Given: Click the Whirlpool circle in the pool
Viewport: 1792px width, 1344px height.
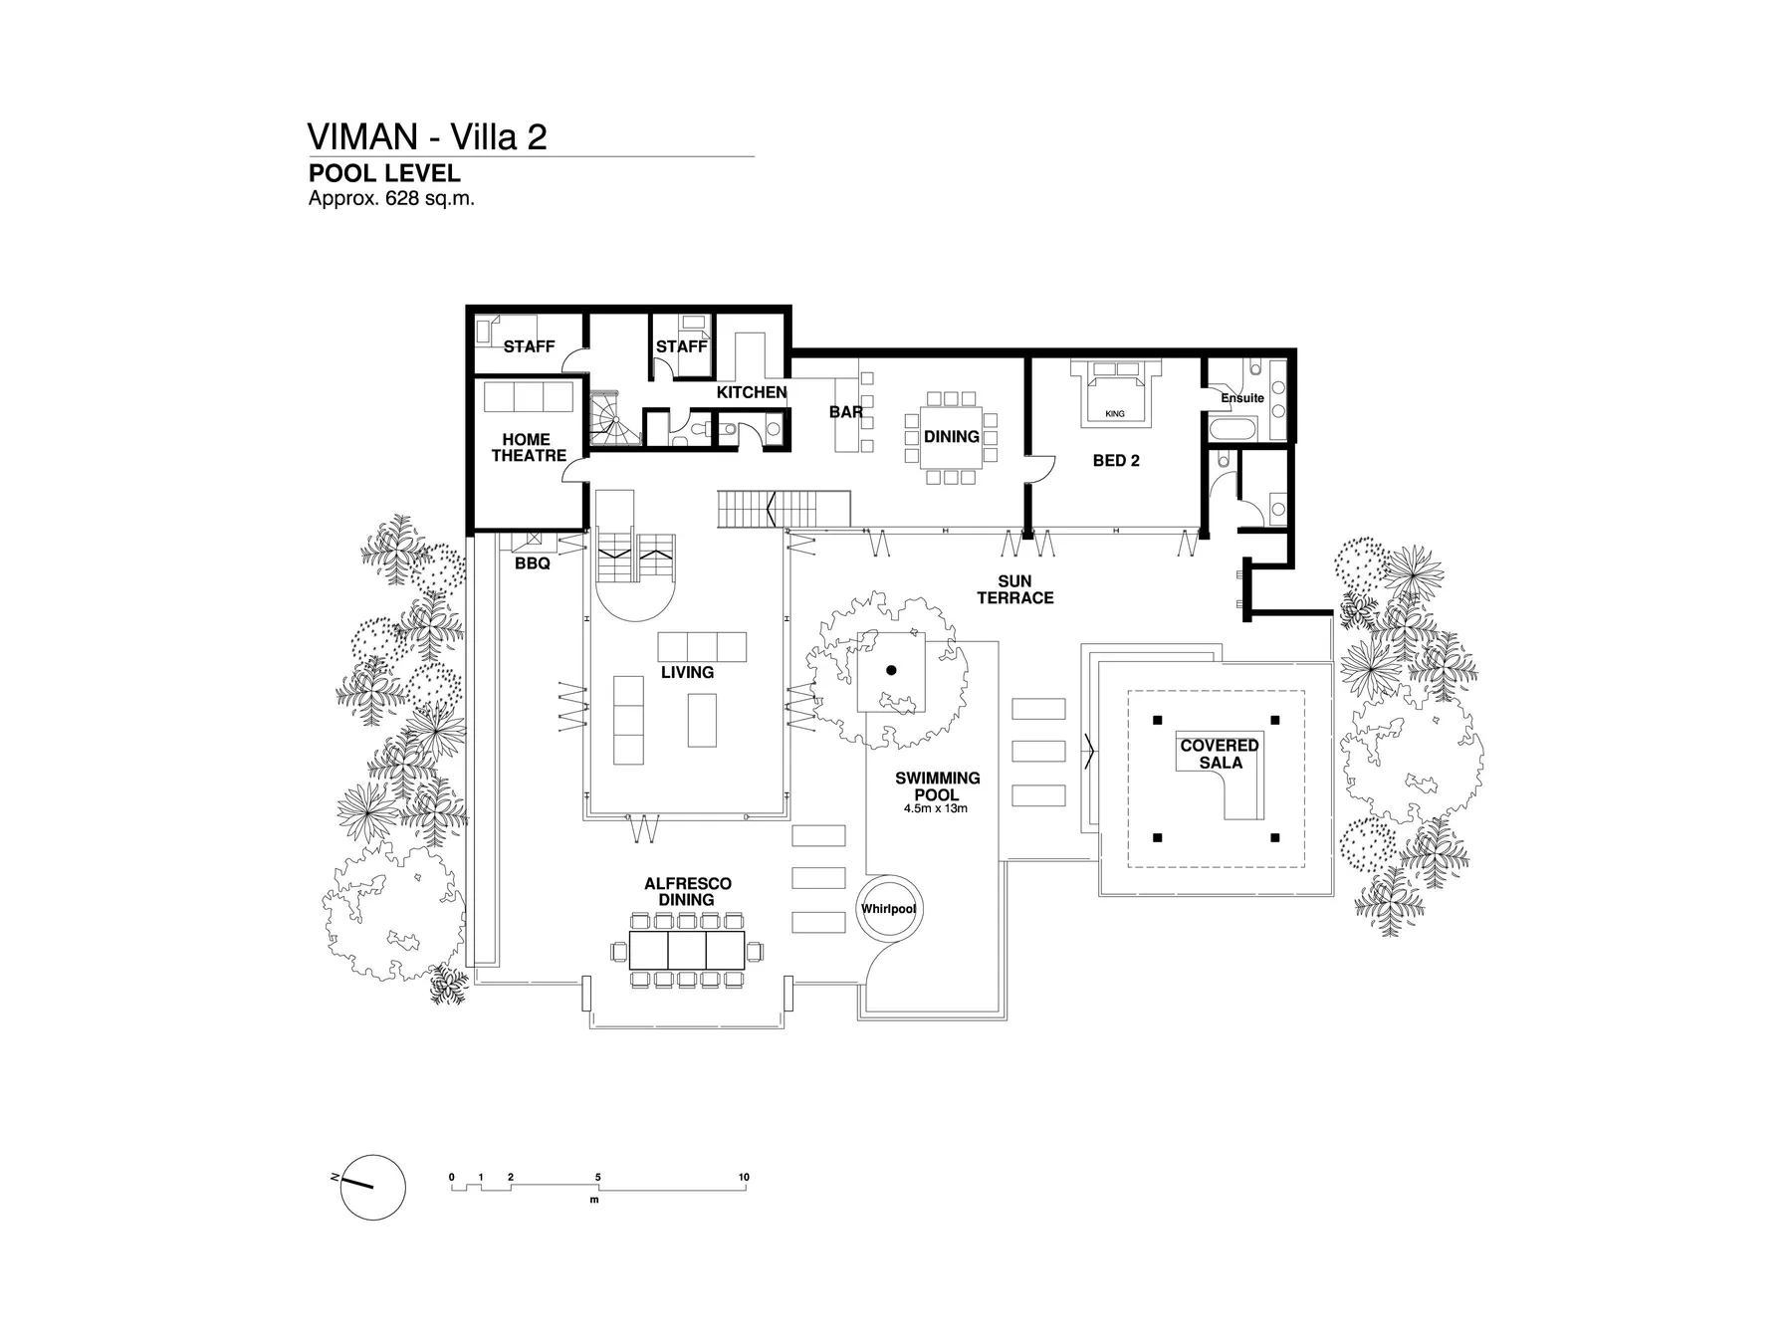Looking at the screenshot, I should tap(888, 908).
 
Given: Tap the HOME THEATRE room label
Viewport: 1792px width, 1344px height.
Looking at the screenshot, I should tap(528, 447).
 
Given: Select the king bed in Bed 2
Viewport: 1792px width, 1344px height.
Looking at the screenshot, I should tap(1115, 396).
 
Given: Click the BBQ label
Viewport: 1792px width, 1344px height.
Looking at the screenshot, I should tap(532, 563).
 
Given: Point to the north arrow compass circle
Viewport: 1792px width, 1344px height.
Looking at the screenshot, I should tap(372, 1187).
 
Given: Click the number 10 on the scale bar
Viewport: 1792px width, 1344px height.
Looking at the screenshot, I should tap(744, 1177).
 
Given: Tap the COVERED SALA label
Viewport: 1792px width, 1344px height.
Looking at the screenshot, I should tap(1220, 754).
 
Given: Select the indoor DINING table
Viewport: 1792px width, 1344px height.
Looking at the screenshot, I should tap(951, 437).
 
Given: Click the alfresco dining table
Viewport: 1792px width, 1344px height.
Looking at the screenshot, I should tap(687, 951).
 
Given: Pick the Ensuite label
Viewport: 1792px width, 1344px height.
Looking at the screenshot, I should tap(1242, 398).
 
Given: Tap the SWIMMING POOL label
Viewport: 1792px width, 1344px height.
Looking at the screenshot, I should tap(937, 786).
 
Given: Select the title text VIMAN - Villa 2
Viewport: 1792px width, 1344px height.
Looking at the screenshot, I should tap(427, 136).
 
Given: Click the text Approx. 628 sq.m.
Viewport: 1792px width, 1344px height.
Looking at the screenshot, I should tap(391, 198).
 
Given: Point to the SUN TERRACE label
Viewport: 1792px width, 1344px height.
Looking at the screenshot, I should tap(1014, 589).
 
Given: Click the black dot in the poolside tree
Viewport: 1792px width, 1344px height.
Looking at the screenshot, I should tap(891, 670).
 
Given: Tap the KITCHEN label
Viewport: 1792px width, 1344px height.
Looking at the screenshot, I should tap(752, 392).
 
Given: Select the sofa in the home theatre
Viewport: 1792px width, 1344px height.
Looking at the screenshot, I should tap(529, 396).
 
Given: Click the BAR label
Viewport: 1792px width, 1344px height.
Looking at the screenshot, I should tap(845, 412).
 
